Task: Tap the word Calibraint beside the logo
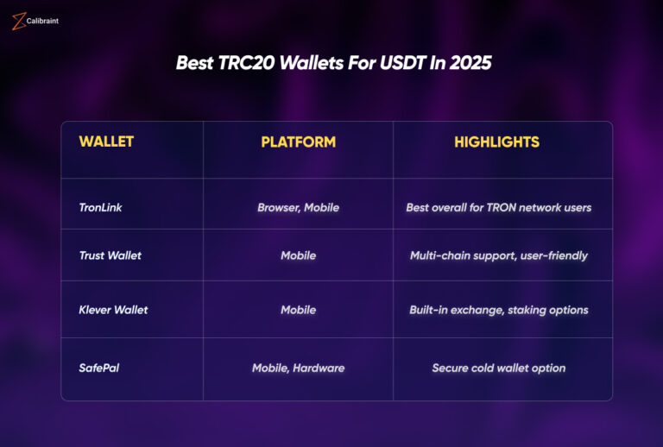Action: coord(43,20)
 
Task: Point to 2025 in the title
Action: coord(470,64)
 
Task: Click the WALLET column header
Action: coord(106,142)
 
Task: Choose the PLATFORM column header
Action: coord(298,142)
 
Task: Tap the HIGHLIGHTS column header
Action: coord(496,142)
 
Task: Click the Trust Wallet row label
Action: coord(110,255)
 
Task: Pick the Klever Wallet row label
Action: coord(113,310)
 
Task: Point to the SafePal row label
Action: coord(99,368)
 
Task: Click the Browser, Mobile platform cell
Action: coord(298,207)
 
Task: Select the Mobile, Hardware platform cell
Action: coord(298,368)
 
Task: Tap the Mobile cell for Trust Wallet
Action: coord(298,255)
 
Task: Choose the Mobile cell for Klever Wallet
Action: coord(298,310)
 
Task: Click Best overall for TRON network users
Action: coord(498,207)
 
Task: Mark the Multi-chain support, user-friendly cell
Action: coord(498,255)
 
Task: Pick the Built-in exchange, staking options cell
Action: coord(498,310)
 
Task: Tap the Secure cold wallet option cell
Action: coord(498,368)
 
